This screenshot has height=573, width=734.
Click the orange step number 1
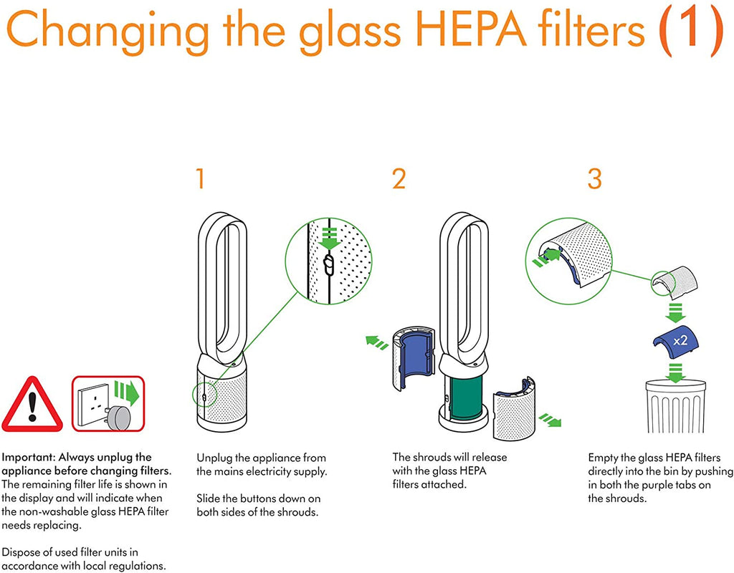[x=201, y=178]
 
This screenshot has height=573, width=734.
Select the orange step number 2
[x=399, y=178]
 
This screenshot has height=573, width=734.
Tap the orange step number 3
[x=594, y=178]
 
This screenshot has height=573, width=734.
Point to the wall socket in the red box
[x=94, y=405]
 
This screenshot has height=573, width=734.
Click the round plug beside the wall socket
[x=120, y=418]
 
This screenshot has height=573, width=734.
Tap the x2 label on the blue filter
[x=680, y=340]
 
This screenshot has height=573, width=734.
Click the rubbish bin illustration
[x=675, y=406]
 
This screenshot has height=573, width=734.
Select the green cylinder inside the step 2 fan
[x=464, y=397]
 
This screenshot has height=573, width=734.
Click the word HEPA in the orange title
[x=470, y=29]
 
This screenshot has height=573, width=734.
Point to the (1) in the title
[x=690, y=30]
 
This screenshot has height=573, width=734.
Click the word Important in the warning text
[x=28, y=457]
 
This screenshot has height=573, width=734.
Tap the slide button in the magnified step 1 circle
[x=328, y=265]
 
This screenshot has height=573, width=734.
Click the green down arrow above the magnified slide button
[x=330, y=239]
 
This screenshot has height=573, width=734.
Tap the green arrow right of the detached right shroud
[x=550, y=420]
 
